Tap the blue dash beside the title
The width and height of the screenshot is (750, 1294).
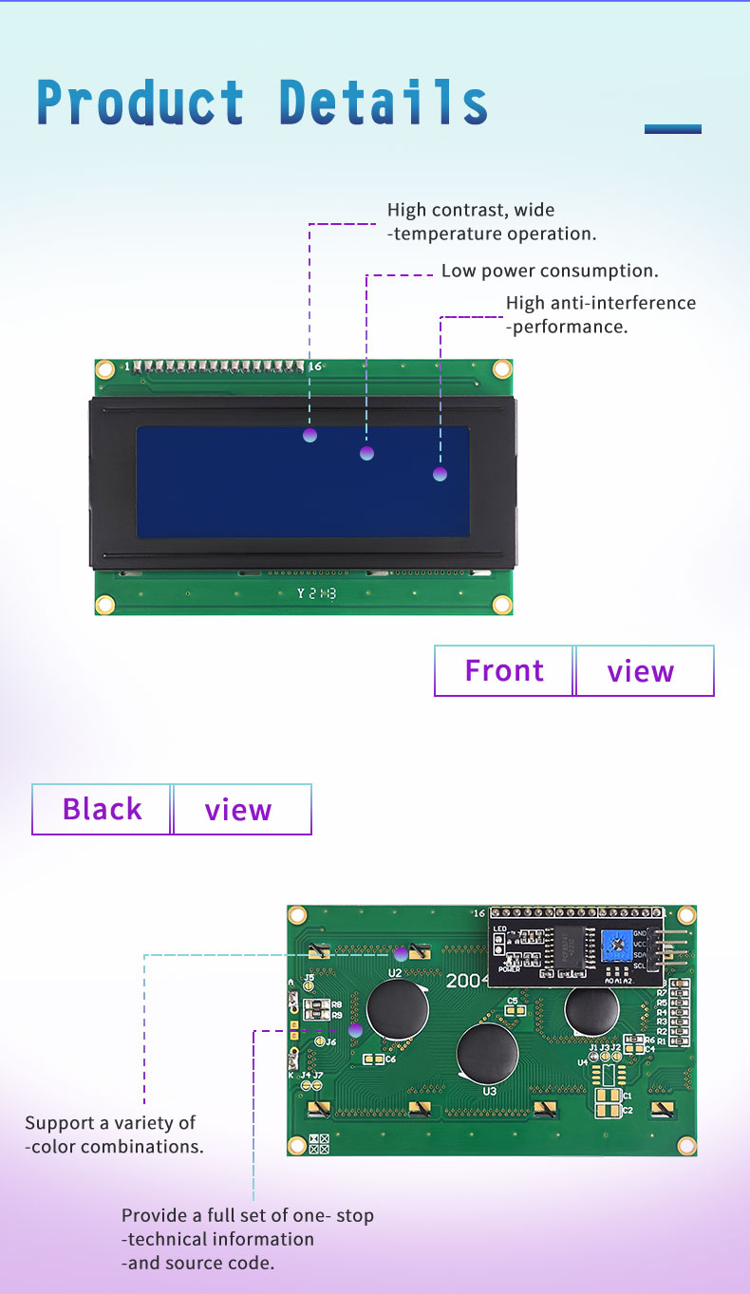pyautogui.click(x=672, y=129)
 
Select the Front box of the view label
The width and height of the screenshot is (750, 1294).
pyautogui.click(x=504, y=670)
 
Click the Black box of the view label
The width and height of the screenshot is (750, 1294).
pyautogui.click(x=102, y=809)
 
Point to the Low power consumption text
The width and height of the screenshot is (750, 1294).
pyautogui.click(x=550, y=271)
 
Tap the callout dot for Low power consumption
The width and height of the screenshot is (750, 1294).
pyautogui.click(x=367, y=454)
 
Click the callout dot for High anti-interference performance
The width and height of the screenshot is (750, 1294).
pyautogui.click(x=440, y=474)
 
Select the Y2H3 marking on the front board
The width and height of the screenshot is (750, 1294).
pyautogui.click(x=316, y=593)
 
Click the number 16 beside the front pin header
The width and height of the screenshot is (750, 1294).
pyautogui.click(x=315, y=366)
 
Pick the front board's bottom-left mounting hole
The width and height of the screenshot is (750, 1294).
pyautogui.click(x=105, y=604)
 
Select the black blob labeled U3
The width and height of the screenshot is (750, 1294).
pyautogui.click(x=487, y=1054)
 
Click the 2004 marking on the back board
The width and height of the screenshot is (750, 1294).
pyautogui.click(x=466, y=981)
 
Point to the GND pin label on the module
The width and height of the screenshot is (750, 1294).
pyautogui.click(x=640, y=933)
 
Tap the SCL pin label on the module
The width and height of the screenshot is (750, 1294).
pyautogui.click(x=640, y=966)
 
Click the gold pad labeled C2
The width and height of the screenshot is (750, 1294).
pyautogui.click(x=604, y=1110)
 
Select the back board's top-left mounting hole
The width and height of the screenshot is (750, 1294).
pyautogui.click(x=298, y=915)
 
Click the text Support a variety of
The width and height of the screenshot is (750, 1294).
pyautogui.click(x=110, y=1123)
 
